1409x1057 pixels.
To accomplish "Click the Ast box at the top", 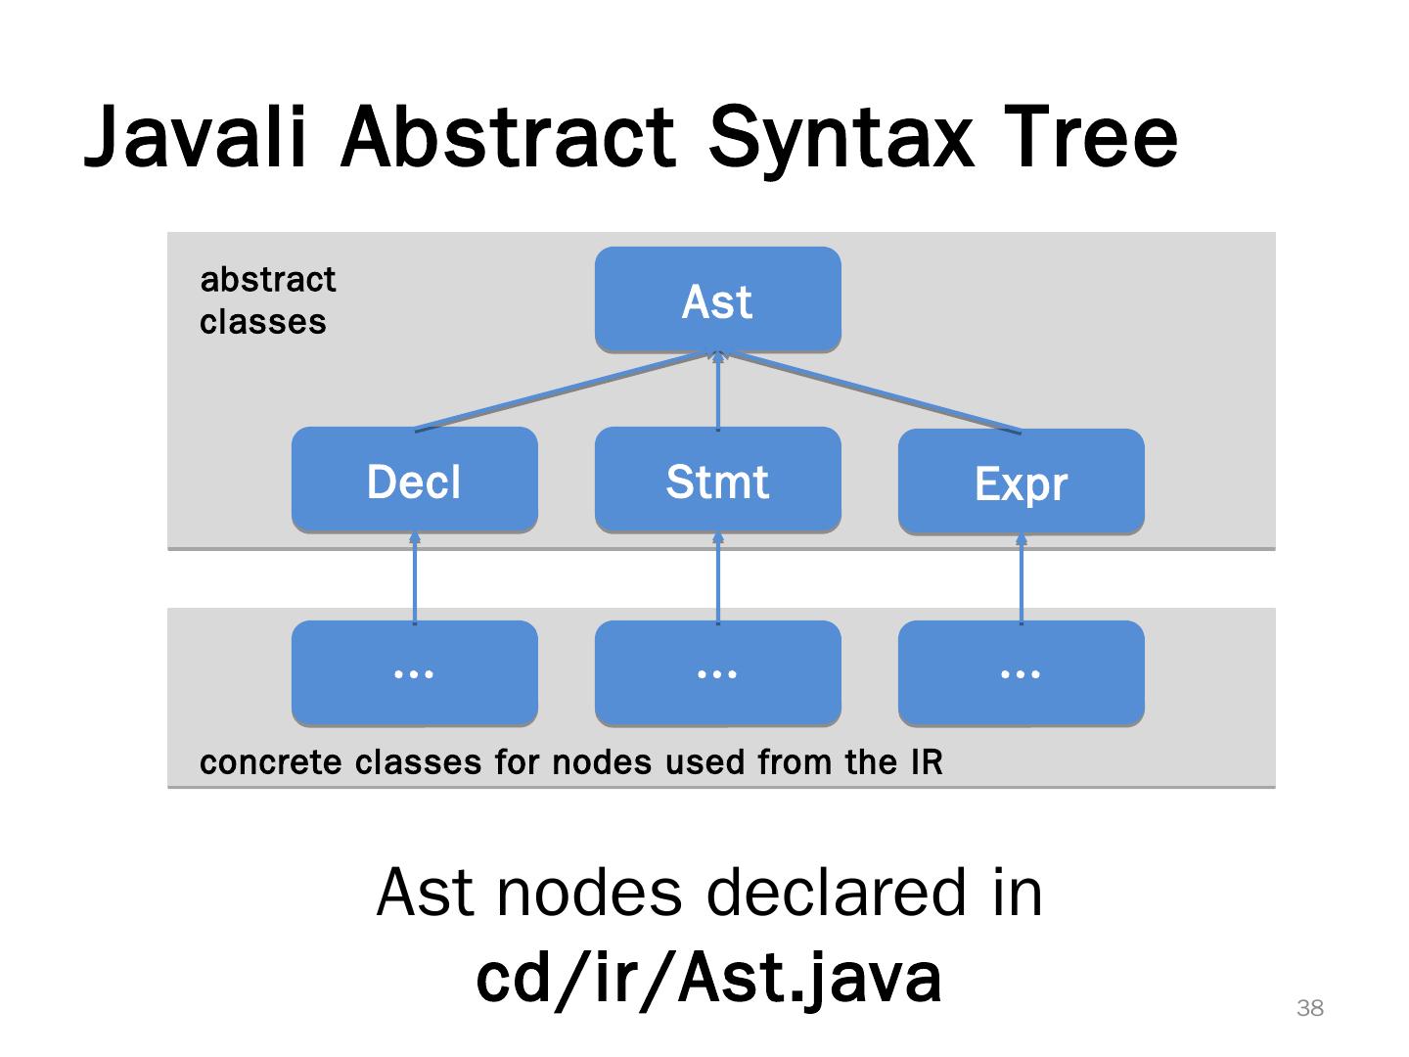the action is coord(717,299).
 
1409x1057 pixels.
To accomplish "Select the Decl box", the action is coord(415,480).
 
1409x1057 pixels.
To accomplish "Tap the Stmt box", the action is coord(717,480).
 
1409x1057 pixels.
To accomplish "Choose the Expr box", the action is coord(1022,482).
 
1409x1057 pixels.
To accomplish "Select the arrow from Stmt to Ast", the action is coord(717,391).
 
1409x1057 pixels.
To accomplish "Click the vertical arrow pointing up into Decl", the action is coord(415,577).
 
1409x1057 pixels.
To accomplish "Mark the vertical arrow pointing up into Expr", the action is coord(1022,578).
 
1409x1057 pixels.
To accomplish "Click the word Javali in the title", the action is coord(195,137).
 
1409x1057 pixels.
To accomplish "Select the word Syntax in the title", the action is coord(841,140).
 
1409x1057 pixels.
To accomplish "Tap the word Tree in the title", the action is coord(1090,137).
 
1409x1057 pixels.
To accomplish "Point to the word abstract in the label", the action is coord(268,280).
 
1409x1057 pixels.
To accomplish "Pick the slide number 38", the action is coord(1310,1008).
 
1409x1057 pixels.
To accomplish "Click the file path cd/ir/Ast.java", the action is coord(708,979).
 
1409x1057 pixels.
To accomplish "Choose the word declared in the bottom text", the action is coord(837,892).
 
